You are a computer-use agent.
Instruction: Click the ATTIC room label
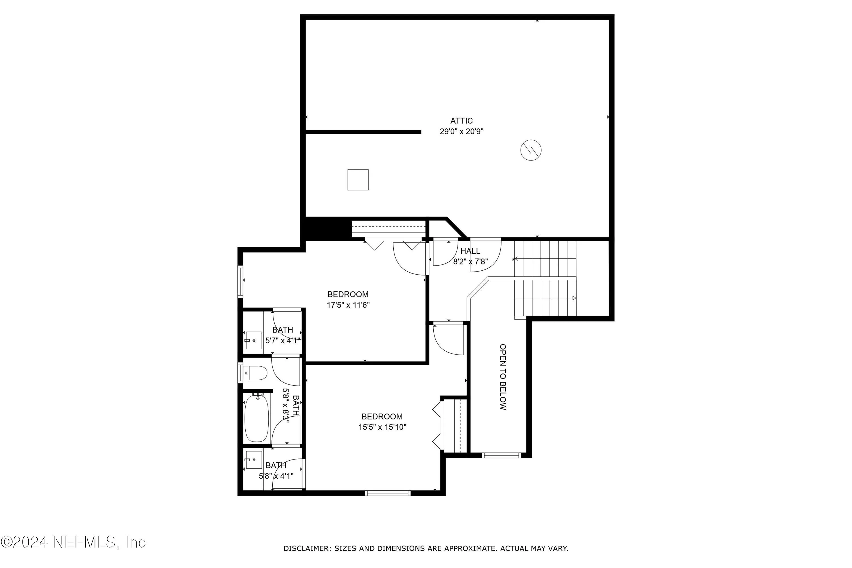pos(461,121)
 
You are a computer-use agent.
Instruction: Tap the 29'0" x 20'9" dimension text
pos(461,131)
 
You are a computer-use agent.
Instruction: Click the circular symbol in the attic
pos(531,150)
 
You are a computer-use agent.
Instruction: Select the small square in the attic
pos(358,180)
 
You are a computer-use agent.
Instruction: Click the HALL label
pos(470,251)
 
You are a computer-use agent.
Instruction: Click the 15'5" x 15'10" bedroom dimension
pos(382,427)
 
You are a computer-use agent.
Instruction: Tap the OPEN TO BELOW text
pos(503,377)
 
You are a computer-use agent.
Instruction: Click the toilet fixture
pos(255,372)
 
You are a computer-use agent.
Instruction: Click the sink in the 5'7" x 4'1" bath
pos(254,341)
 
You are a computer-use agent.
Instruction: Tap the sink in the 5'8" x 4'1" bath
pos(254,460)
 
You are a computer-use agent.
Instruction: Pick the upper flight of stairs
pos(545,259)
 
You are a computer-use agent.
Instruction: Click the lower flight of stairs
pos(545,298)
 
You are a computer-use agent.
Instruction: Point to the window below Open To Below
pos(501,455)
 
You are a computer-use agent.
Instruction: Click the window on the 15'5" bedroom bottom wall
pos(388,493)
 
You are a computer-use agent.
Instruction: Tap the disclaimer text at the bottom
pos(426,548)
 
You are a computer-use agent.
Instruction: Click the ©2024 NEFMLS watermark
pos(73,542)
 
